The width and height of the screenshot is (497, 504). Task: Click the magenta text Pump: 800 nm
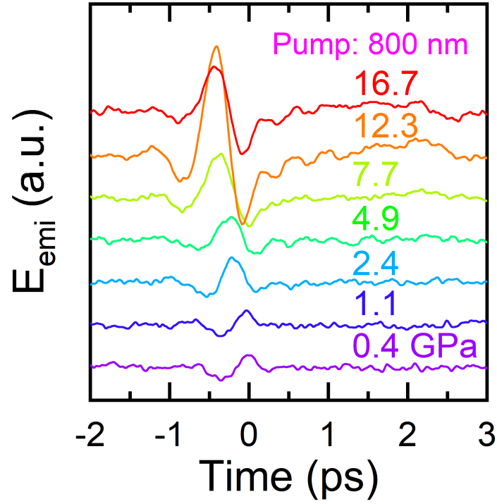371,45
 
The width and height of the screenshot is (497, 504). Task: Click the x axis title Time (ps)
288,473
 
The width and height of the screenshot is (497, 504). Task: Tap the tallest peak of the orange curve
216,47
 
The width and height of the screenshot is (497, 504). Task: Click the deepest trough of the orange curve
243,224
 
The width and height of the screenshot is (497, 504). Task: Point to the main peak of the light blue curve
231,258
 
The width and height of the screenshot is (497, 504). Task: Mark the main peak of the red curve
213,68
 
